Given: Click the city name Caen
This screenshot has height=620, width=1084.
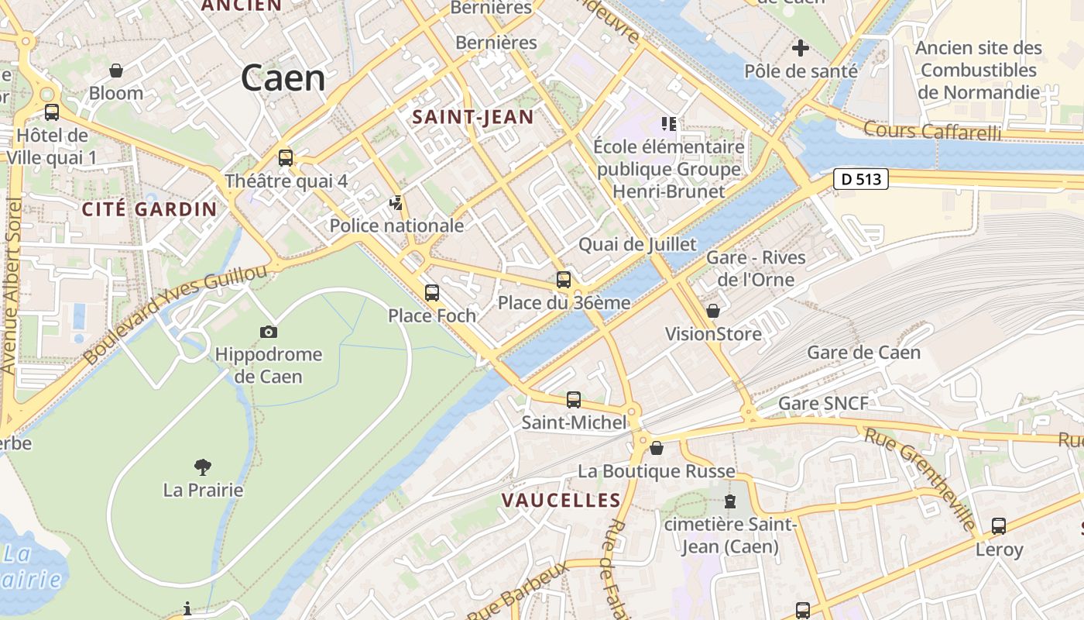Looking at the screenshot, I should point(283,78).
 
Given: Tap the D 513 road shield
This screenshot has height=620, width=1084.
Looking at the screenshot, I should point(860,179).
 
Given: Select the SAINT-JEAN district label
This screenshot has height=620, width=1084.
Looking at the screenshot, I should point(472,117).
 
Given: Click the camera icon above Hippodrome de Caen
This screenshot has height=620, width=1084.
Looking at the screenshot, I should point(269,332).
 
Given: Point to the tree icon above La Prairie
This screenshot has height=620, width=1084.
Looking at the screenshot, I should point(203,467).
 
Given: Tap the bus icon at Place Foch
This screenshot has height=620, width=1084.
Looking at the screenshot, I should point(432,293).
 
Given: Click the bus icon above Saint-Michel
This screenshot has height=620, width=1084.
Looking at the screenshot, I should point(573,400).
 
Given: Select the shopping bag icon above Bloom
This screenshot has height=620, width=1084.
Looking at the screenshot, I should point(116,71).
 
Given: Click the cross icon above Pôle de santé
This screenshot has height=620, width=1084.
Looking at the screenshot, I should point(801,48).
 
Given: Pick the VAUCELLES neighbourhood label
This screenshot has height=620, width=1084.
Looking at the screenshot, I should point(561,501).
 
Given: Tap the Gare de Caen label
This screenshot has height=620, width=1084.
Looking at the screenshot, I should point(863,353).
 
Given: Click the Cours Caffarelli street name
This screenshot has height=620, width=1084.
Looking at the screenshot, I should point(931,131).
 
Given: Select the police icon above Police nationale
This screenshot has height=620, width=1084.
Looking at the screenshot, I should point(396,203).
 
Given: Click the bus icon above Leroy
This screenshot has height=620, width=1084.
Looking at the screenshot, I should point(999,526).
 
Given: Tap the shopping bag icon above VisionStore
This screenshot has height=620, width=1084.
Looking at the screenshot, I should point(713,311).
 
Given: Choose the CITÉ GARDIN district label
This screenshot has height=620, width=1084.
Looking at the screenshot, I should point(149,209).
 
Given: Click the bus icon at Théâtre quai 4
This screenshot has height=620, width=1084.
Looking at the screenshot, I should point(286,158).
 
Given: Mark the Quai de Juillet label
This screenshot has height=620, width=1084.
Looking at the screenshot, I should point(637,245).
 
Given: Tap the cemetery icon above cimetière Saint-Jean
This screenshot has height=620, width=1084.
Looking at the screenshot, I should point(730,501).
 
